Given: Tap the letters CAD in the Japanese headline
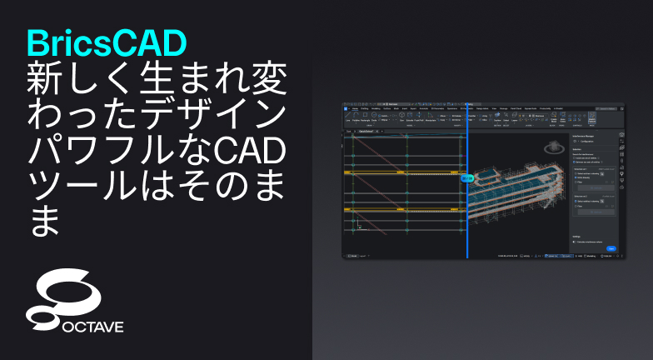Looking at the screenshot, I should tap(249, 148).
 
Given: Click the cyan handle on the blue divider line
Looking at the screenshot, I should tap(467, 177).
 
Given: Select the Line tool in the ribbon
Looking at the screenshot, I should tap(347, 119).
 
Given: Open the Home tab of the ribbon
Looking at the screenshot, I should tap(355, 107).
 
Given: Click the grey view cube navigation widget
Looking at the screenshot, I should tap(552, 147).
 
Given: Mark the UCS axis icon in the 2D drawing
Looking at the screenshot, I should tap(358, 225).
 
